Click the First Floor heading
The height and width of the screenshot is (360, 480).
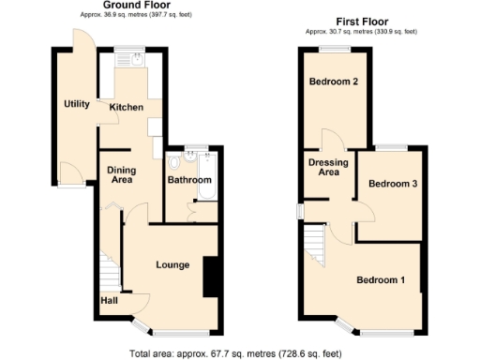[361, 22]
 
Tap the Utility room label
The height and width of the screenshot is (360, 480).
[76, 104]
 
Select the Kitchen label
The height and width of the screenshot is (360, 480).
[127, 108]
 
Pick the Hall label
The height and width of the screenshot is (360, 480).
[110, 300]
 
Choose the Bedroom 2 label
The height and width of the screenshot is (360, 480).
[335, 82]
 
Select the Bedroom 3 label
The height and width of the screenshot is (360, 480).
[392, 184]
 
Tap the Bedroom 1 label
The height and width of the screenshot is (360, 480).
[380, 279]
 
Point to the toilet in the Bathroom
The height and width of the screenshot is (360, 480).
[174, 161]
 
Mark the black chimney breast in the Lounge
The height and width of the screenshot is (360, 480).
[211, 277]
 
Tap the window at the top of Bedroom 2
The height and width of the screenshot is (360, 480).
[334, 48]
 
